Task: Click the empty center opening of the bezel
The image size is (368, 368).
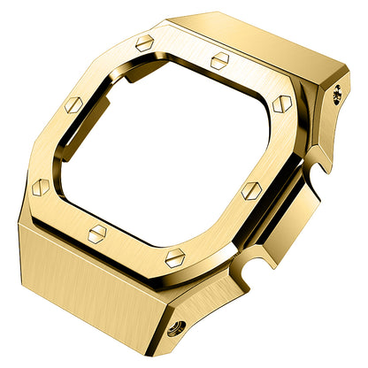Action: pyautogui.click(x=177, y=150)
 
